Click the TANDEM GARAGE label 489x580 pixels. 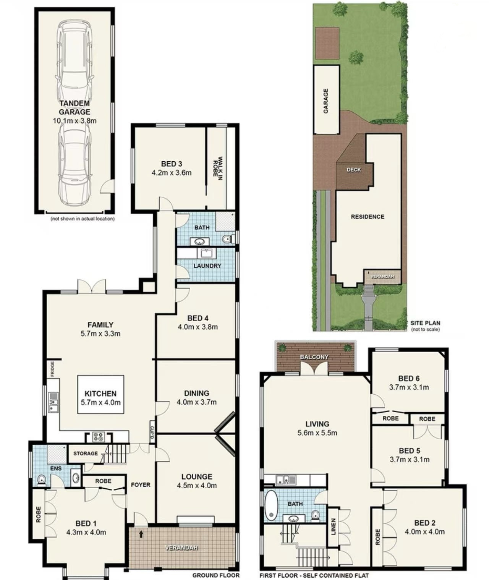pyautogui.click(x=74, y=107)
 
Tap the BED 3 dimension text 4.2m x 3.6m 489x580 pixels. pyautogui.click(x=172, y=172)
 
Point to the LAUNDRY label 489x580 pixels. pyautogui.click(x=207, y=266)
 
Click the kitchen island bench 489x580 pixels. pyautogui.click(x=100, y=394)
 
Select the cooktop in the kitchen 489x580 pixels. pyautogui.click(x=98, y=437)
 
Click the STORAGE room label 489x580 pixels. pyautogui.click(x=85, y=453)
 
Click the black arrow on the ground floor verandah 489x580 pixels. pyautogui.click(x=141, y=534)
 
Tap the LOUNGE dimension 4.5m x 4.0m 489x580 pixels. pyautogui.click(x=197, y=485)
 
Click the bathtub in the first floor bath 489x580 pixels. pyautogui.click(x=270, y=505)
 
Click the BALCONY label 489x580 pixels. pyautogui.click(x=314, y=356)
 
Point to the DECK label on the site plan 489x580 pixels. pyautogui.click(x=354, y=169)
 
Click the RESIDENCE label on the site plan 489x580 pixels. pyautogui.click(x=367, y=217)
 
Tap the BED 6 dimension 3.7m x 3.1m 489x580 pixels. pyautogui.click(x=409, y=387)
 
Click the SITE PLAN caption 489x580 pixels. pyautogui.click(x=425, y=323)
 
